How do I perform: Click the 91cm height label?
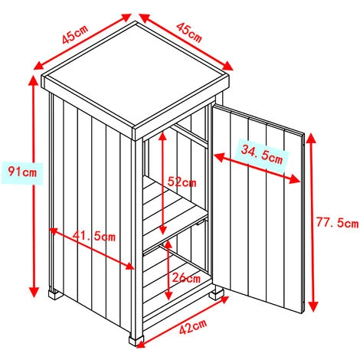[22, 172]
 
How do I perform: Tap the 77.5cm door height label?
[337, 222]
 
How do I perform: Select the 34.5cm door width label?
[262, 154]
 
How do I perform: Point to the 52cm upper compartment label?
[182, 182]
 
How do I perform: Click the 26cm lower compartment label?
[186, 277]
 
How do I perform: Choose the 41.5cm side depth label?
[93, 236]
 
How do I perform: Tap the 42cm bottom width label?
[193, 326]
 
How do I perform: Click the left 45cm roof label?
[75, 34]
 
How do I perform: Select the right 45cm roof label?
[189, 32]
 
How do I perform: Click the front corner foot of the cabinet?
[136, 340]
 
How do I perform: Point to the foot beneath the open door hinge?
[217, 293]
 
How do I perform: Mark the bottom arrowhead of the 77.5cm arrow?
[313, 306]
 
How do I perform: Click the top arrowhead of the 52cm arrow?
[162, 136]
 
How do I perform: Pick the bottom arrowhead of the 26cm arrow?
[169, 296]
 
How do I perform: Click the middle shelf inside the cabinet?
[175, 208]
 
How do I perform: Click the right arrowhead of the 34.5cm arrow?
[295, 179]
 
